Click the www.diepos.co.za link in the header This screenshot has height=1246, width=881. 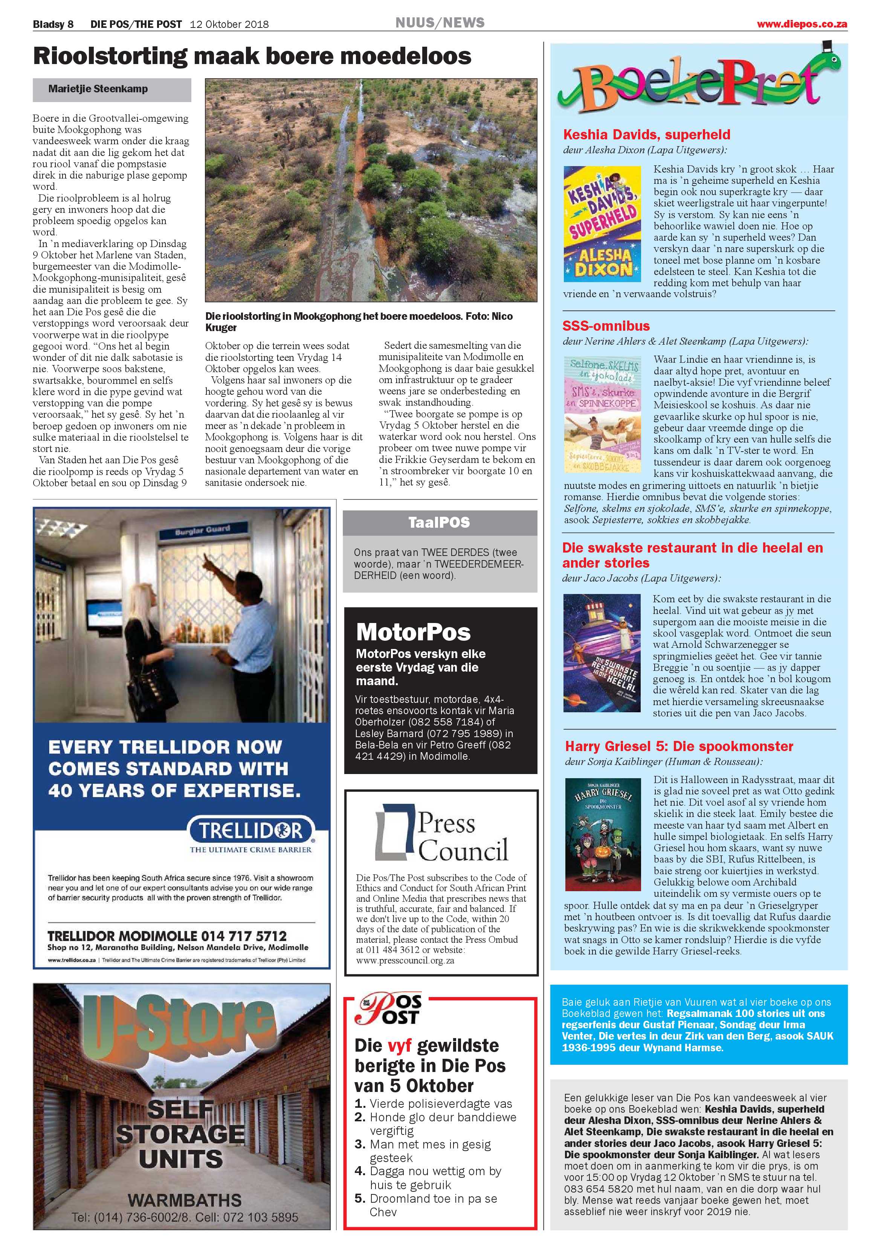(x=802, y=24)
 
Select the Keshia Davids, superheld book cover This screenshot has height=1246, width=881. (x=602, y=224)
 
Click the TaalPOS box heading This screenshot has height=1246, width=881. (x=439, y=522)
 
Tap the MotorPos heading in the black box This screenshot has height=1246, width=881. (x=413, y=632)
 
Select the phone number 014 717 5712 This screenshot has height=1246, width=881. (x=244, y=936)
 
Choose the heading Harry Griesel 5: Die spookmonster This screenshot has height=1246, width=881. (x=678, y=746)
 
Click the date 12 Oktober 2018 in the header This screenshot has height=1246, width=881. (x=229, y=24)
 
